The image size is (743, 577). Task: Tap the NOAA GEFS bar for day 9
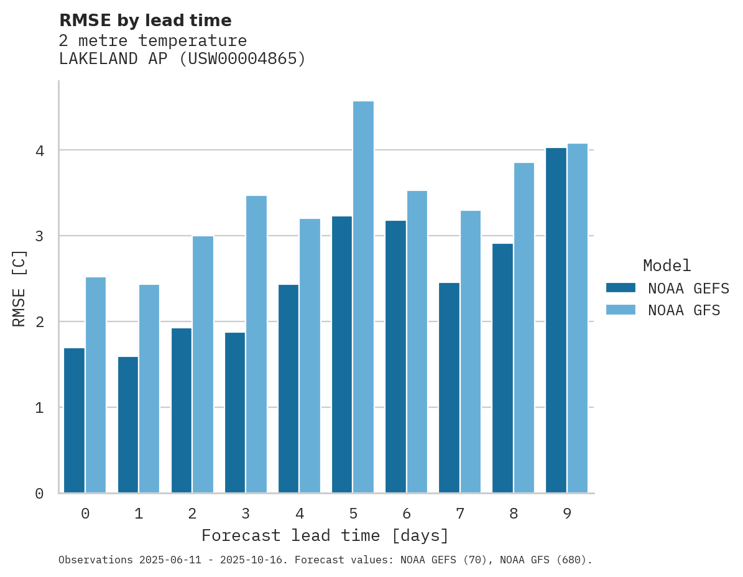tap(556, 320)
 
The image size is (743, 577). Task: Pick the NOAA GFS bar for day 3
tap(256, 344)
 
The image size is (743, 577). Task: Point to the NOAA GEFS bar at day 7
tap(449, 388)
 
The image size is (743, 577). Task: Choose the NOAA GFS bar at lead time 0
tap(96, 385)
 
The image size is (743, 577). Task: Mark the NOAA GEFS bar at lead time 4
tap(288, 389)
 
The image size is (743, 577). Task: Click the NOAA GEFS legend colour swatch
tap(621, 288)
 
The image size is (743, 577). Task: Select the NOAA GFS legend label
tap(684, 310)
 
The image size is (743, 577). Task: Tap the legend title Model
tap(667, 265)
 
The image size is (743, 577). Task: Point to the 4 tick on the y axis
tap(39, 150)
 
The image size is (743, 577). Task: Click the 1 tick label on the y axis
tap(39, 408)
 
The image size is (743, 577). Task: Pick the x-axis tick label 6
tap(407, 514)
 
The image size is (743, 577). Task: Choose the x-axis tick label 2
tap(192, 514)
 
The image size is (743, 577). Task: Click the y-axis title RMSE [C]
tap(20, 288)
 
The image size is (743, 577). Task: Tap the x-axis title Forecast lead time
tap(325, 535)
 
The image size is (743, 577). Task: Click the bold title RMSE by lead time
tap(145, 21)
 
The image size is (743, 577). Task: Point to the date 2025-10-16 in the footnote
tap(257, 560)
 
